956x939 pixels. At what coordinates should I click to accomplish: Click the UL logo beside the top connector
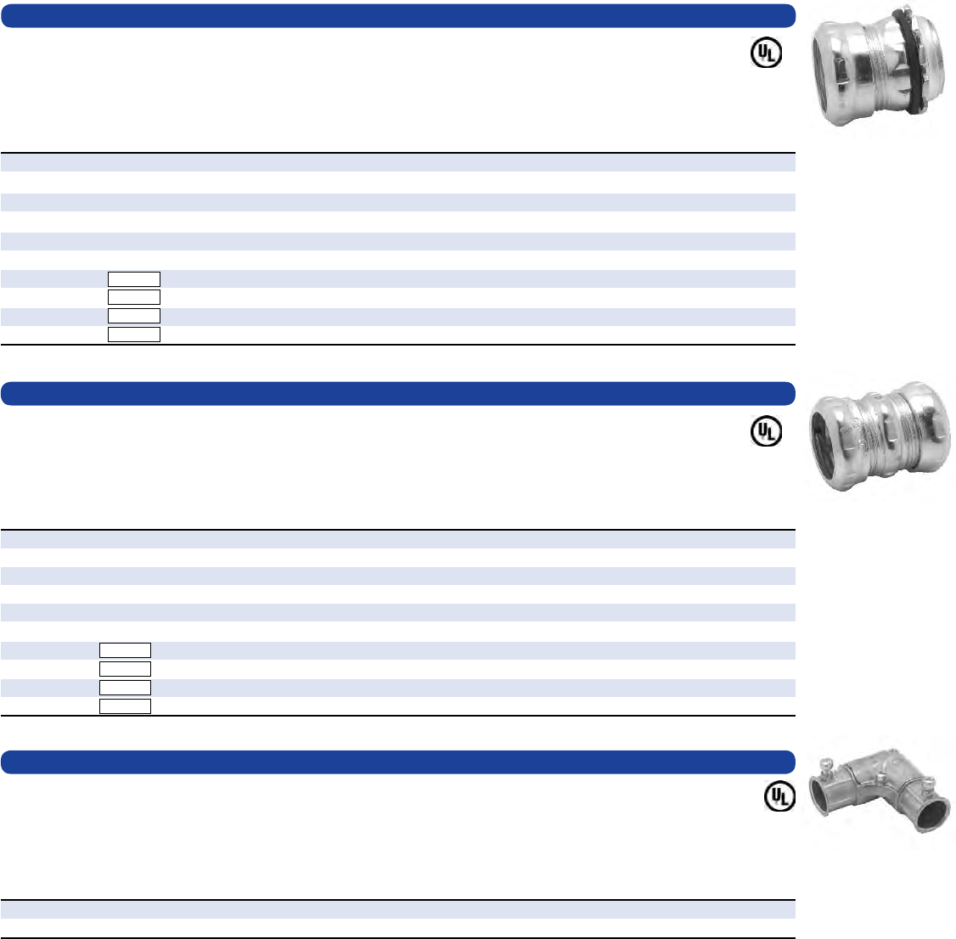766,53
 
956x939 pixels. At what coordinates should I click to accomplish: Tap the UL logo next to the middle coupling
766,431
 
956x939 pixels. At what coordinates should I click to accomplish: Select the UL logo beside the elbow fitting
779,796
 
